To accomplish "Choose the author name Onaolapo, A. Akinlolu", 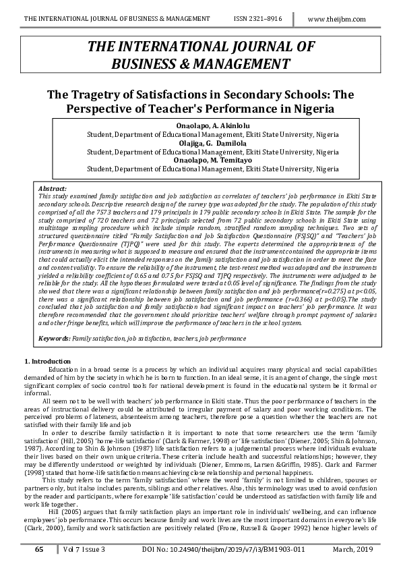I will coord(213,126).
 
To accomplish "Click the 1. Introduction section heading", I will coord(47,362).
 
